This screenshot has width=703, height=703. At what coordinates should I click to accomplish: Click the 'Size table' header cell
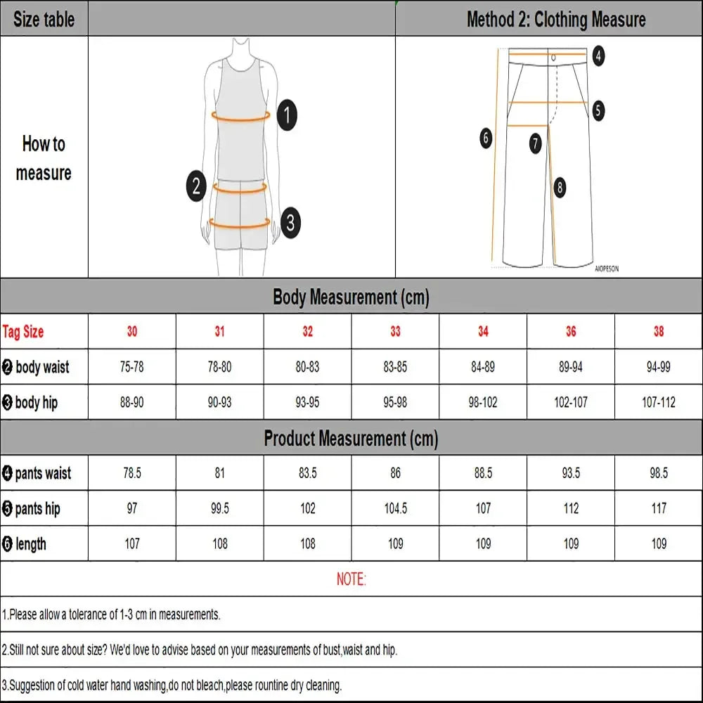[x=44, y=19]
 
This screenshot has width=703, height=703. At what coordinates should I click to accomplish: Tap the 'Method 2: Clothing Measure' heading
[x=555, y=19]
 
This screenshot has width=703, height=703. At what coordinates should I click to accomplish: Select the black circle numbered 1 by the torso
[x=287, y=115]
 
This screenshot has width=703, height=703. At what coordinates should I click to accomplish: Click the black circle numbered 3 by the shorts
[x=290, y=224]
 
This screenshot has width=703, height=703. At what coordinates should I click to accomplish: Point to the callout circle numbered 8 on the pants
[x=560, y=187]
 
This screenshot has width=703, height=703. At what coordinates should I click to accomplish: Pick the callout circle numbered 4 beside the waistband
[x=598, y=55]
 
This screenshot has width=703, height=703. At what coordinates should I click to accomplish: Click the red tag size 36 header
[x=571, y=331]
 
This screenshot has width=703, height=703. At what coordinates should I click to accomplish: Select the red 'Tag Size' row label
[x=23, y=332]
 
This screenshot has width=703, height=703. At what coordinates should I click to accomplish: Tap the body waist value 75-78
[x=132, y=367]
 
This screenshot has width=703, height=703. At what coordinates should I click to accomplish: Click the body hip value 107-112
[x=659, y=402]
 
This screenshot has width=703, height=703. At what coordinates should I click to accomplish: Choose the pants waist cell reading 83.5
[x=308, y=473]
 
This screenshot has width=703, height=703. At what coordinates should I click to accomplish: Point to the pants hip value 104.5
[x=395, y=508]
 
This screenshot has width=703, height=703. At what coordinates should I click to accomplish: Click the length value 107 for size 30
[x=132, y=543]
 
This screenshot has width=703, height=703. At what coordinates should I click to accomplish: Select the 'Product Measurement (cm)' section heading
[x=351, y=439]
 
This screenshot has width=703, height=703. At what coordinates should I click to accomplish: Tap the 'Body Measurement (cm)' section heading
[x=351, y=297]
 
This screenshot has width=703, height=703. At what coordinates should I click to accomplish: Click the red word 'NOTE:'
[x=351, y=579]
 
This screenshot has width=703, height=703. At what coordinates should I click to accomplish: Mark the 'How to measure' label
[x=44, y=158]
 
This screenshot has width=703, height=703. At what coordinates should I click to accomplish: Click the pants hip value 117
[x=659, y=508]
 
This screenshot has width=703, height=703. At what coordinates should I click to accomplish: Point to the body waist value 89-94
[x=571, y=367]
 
